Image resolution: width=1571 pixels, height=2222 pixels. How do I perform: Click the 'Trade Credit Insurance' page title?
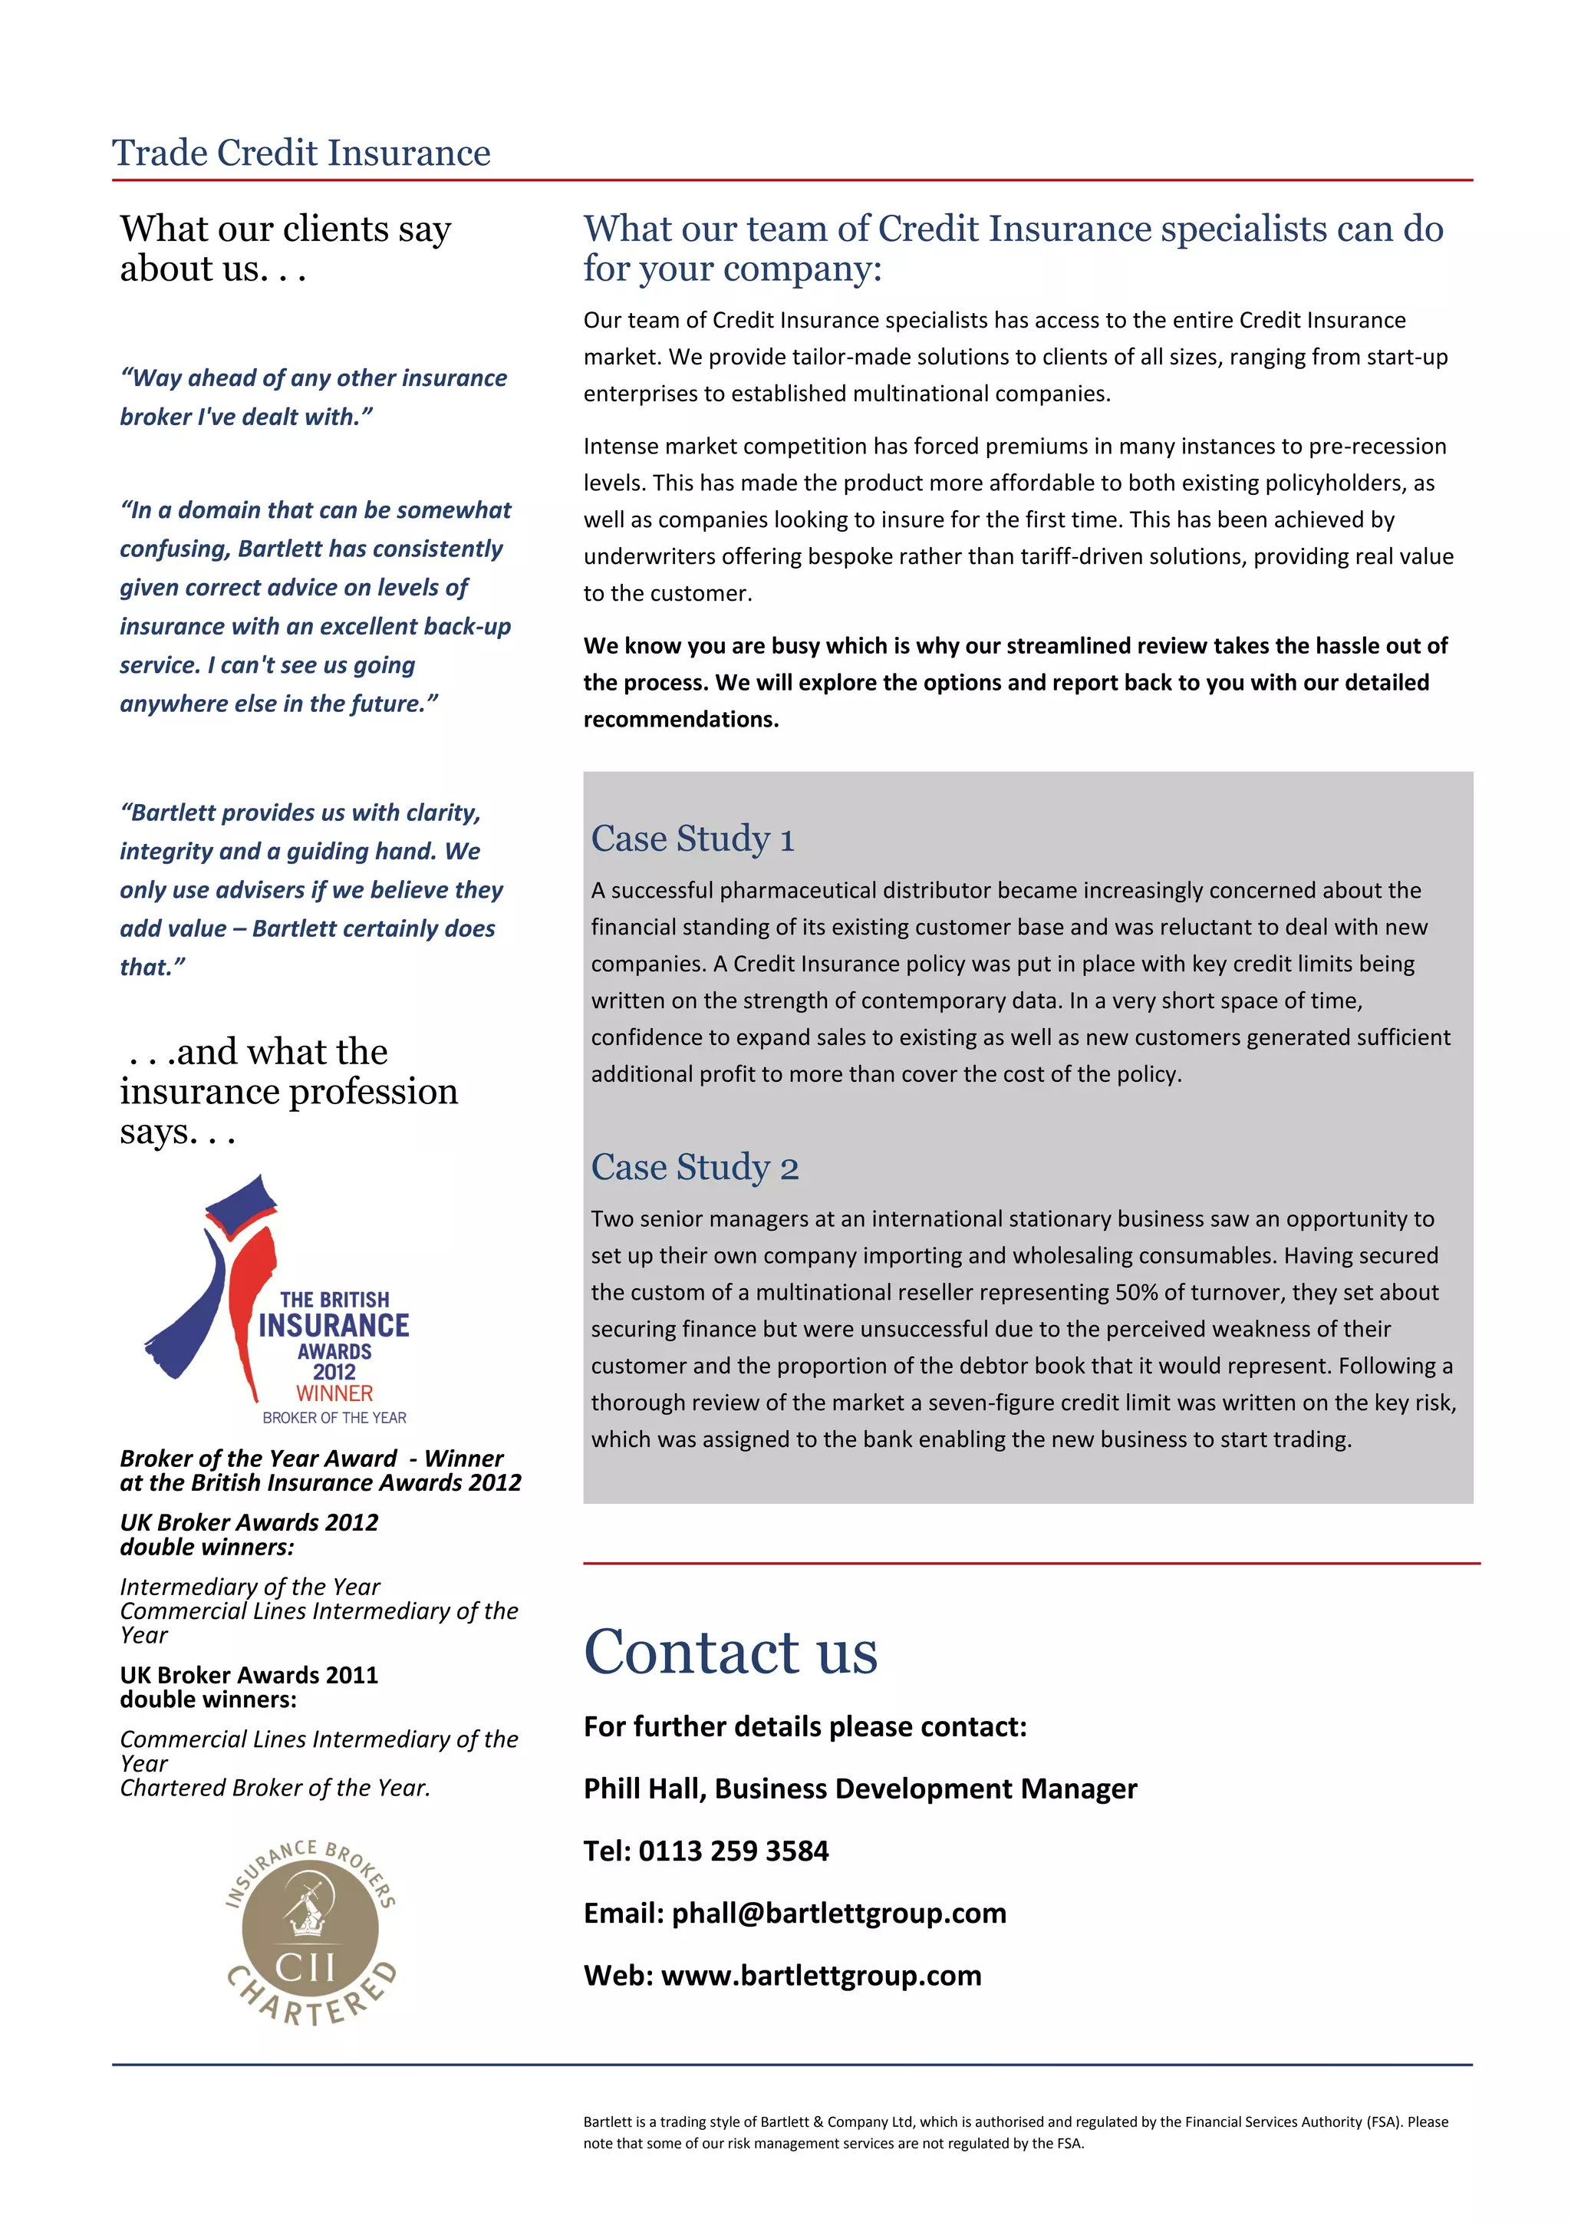(x=301, y=153)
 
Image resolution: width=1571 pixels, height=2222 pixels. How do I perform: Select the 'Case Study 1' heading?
(x=692, y=838)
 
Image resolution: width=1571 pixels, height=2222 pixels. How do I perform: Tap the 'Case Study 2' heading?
(x=693, y=1166)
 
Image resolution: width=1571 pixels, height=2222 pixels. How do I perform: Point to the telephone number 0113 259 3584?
(x=733, y=1851)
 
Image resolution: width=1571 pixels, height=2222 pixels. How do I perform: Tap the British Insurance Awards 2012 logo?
(x=281, y=1301)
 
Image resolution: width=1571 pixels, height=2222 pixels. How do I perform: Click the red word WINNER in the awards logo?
(x=334, y=1393)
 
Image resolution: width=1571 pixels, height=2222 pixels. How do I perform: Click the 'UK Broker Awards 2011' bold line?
(x=249, y=1674)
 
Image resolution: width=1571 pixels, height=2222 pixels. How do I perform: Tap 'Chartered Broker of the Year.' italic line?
(x=275, y=1788)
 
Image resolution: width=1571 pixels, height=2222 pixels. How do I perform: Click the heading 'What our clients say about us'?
(x=285, y=248)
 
